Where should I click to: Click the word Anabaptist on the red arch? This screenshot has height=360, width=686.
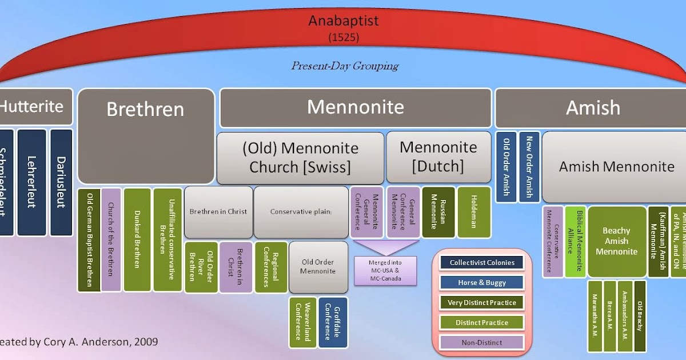pyautogui.click(x=344, y=22)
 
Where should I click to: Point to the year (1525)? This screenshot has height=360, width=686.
pyautogui.click(x=344, y=38)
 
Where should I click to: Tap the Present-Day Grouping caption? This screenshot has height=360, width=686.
pyautogui.click(x=345, y=66)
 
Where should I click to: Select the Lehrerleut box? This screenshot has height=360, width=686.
pyautogui.click(x=31, y=182)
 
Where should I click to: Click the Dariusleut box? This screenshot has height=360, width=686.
pyautogui.click(x=61, y=182)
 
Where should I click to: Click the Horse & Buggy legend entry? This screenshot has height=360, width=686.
pyautogui.click(x=482, y=282)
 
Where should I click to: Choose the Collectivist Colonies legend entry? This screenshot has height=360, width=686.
pyautogui.click(x=482, y=263)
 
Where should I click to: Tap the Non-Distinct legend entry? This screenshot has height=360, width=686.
pyautogui.click(x=482, y=342)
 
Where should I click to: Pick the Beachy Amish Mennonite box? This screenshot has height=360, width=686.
pyautogui.click(x=616, y=241)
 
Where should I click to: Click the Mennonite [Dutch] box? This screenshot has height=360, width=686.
pyautogui.click(x=438, y=156)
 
